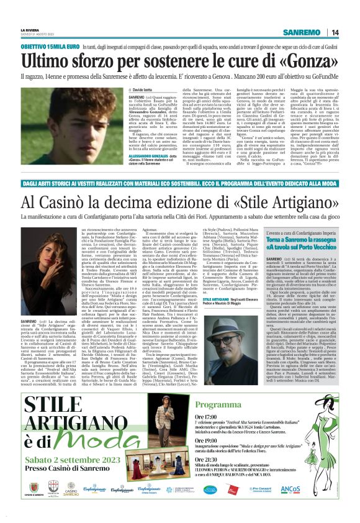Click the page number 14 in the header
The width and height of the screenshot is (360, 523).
[x=334, y=32]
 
